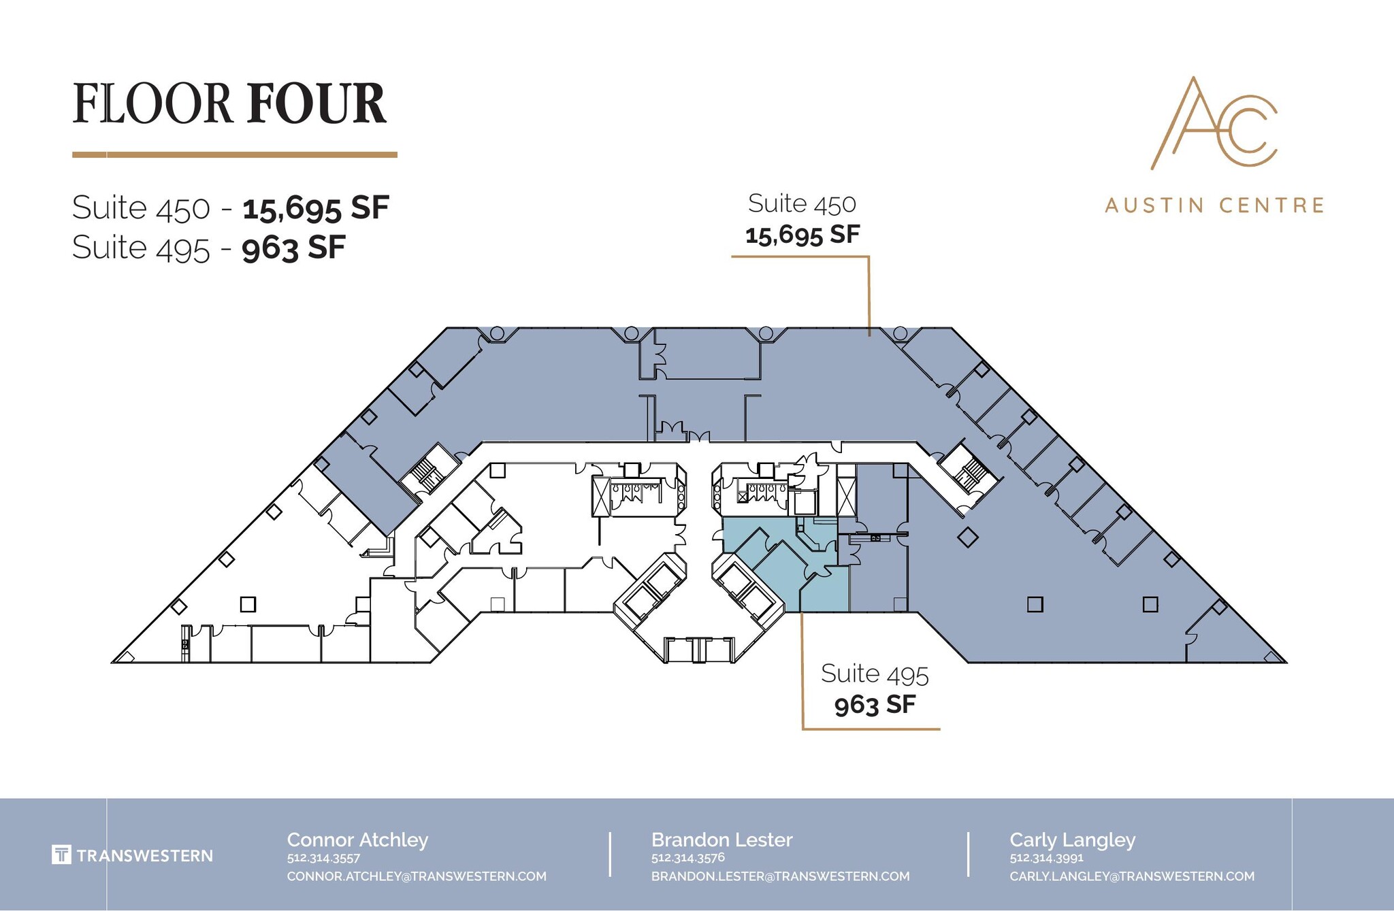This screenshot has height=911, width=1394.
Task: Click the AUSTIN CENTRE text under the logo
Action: [1214, 205]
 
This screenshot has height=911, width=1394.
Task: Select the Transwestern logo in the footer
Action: [132, 855]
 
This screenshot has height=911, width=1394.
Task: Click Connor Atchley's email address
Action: [416, 876]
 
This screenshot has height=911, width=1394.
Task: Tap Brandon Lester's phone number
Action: [687, 858]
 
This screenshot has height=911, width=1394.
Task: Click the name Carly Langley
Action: [1072, 840]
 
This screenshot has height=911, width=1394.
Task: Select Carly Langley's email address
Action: [1131, 876]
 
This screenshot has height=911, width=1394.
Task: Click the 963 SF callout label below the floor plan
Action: [875, 705]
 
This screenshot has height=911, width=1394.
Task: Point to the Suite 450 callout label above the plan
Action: [802, 203]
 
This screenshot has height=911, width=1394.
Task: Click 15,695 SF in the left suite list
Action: [315, 208]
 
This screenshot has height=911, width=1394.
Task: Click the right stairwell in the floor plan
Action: [971, 474]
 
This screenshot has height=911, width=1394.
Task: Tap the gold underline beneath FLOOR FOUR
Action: [234, 154]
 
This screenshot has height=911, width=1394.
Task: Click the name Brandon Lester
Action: [722, 840]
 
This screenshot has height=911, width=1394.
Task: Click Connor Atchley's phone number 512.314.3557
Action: [323, 858]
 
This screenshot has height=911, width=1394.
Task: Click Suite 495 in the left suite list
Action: [141, 248]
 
